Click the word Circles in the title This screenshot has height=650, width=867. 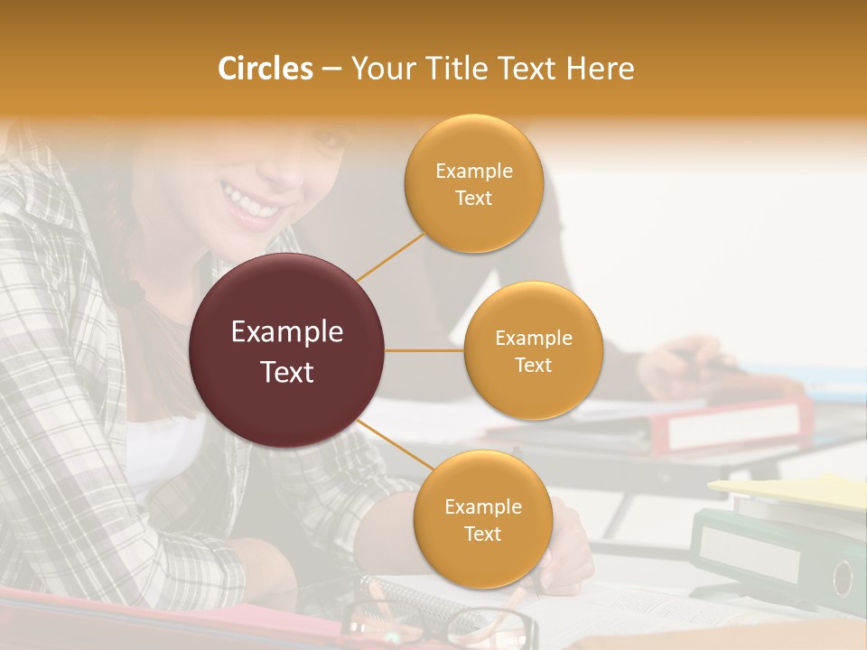click(266, 69)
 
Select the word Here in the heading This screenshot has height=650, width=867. click(601, 69)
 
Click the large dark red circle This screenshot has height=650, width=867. click(287, 350)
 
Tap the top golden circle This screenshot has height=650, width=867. click(473, 183)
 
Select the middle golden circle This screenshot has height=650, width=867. click(533, 350)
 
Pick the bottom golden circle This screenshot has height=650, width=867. click(482, 519)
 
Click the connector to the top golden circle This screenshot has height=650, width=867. click(390, 256)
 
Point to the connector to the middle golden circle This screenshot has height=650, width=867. click(424, 350)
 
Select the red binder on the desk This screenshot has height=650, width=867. click(732, 424)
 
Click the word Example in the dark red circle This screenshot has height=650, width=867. click(287, 332)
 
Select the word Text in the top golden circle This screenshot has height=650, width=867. click(473, 198)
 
